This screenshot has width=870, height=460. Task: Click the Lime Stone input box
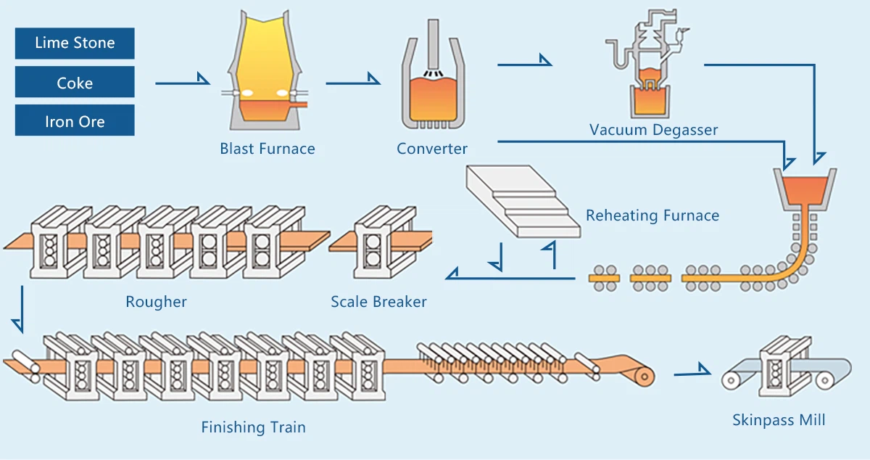tap(75, 43)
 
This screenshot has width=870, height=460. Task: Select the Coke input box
tap(75, 82)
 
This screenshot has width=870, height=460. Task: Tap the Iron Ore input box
tap(75, 120)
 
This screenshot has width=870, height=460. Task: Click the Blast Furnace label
tap(268, 149)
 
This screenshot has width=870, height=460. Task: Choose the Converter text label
tap(432, 149)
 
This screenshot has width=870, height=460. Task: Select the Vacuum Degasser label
tap(653, 131)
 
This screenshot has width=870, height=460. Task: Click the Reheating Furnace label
tap(652, 215)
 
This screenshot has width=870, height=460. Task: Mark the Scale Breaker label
tap(378, 301)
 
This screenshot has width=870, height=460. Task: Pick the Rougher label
tap(156, 301)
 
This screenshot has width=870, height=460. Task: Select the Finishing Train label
tap(253, 427)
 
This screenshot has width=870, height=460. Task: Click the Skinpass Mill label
tap(779, 419)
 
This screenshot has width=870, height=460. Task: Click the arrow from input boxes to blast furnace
tap(182, 82)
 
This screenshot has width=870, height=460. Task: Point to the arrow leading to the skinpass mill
tap(692, 373)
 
